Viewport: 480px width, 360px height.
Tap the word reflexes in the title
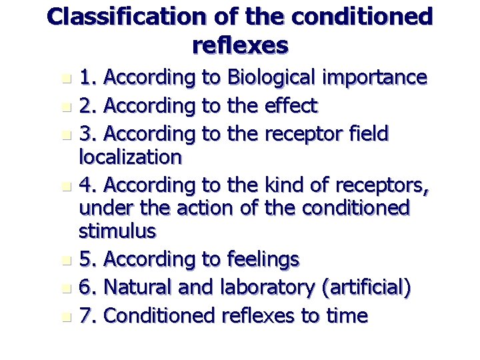(239, 45)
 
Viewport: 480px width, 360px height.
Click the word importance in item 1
(376, 78)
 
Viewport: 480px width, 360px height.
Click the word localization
(130, 158)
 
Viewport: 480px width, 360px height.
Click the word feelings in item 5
(263, 259)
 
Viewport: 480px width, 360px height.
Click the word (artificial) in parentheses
(366, 288)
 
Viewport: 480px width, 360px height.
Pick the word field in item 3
(365, 134)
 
